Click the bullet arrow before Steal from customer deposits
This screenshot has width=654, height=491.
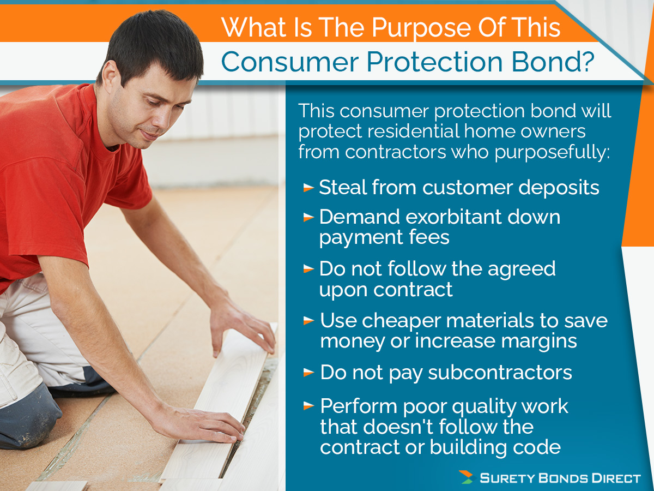coord(308,188)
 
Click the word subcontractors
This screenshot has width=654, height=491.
coord(500,373)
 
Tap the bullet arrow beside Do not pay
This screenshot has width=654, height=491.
coord(309,373)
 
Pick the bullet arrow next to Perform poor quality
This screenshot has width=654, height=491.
coord(309,406)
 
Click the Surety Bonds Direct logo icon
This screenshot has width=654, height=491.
coord(466,477)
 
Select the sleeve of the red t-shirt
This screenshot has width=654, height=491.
coord(131,180)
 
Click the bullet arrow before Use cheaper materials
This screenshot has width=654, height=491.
coord(309,321)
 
